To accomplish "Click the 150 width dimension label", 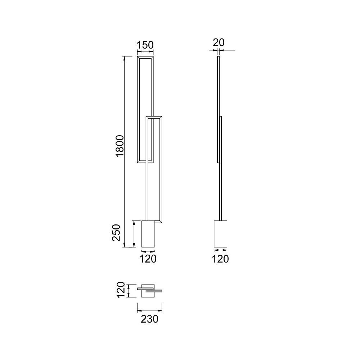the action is click(x=145, y=45).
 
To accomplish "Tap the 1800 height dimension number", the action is click(x=120, y=146).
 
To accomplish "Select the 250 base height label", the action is click(x=116, y=233).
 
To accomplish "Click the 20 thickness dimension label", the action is click(x=219, y=42).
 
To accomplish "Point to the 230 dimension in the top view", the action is click(x=149, y=319).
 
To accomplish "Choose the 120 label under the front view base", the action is click(x=148, y=259).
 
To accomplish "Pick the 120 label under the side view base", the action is click(x=220, y=259).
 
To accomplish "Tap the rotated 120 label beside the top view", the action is click(x=121, y=290).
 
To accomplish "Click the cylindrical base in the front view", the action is click(x=148, y=234).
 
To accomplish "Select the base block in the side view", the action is click(x=220, y=234).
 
